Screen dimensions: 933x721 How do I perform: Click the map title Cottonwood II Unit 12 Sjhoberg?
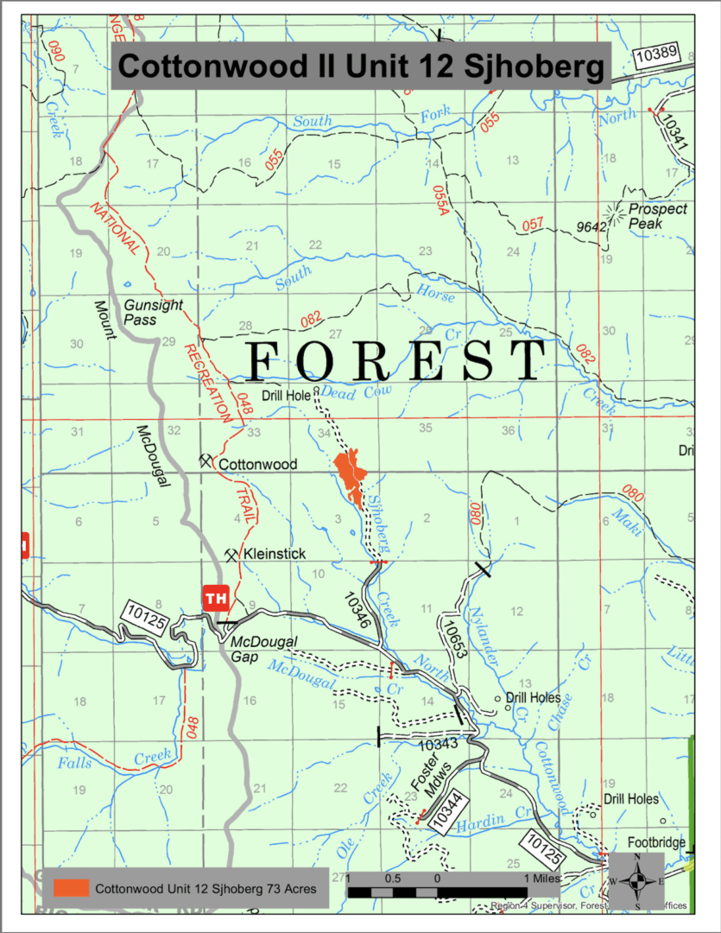pos(360,65)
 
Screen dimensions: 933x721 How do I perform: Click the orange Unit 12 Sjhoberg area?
pos(351,476)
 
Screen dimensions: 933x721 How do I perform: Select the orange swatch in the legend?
pos(71,887)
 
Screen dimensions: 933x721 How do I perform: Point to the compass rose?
pos(636,880)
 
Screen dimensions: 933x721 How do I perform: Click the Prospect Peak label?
pos(657,216)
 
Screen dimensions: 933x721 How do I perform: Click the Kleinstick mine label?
pos(274,553)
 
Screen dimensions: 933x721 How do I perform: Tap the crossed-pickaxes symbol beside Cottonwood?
pos(206,460)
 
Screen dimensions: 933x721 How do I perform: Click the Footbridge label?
pos(656,842)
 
